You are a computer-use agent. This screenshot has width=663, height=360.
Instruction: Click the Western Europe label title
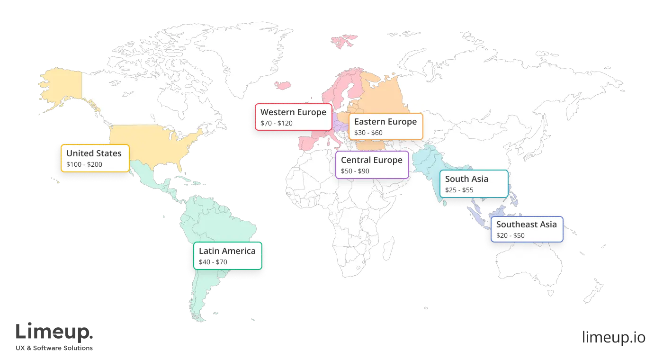[293, 112]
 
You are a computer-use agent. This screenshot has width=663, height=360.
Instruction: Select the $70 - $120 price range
[277, 123]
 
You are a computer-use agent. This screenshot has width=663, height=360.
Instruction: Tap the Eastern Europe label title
[385, 122]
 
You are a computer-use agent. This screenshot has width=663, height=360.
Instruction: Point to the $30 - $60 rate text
[368, 133]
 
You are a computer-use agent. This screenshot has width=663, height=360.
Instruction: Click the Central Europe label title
[372, 160]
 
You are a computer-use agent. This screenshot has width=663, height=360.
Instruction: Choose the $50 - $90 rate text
[355, 171]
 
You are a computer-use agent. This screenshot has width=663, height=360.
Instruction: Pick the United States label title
[94, 153]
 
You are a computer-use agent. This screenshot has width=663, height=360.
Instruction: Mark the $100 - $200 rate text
[84, 164]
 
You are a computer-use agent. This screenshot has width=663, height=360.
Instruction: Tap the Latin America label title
[227, 251]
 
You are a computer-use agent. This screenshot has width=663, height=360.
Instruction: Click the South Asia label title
[466, 179]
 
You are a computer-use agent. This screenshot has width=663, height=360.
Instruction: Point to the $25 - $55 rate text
[459, 190]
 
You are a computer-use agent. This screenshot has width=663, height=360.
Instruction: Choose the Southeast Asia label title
[527, 225]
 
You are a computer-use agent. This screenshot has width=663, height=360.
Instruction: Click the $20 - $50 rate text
[511, 235]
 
